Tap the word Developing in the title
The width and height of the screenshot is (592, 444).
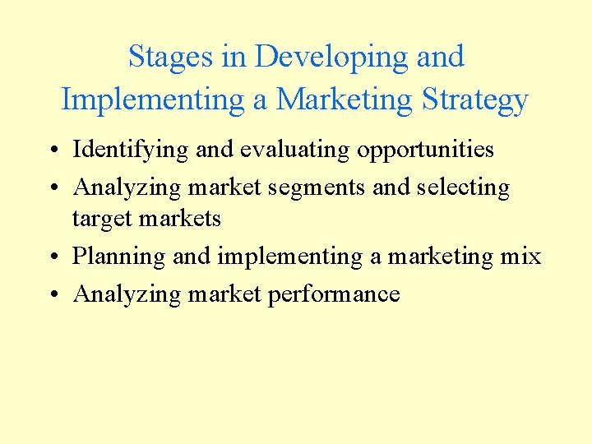tap(332, 57)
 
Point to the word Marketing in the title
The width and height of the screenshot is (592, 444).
tap(345, 99)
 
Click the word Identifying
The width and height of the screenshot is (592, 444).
tap(120, 150)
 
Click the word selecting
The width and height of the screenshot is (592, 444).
tap(464, 187)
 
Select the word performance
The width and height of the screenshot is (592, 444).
tap(334, 294)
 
